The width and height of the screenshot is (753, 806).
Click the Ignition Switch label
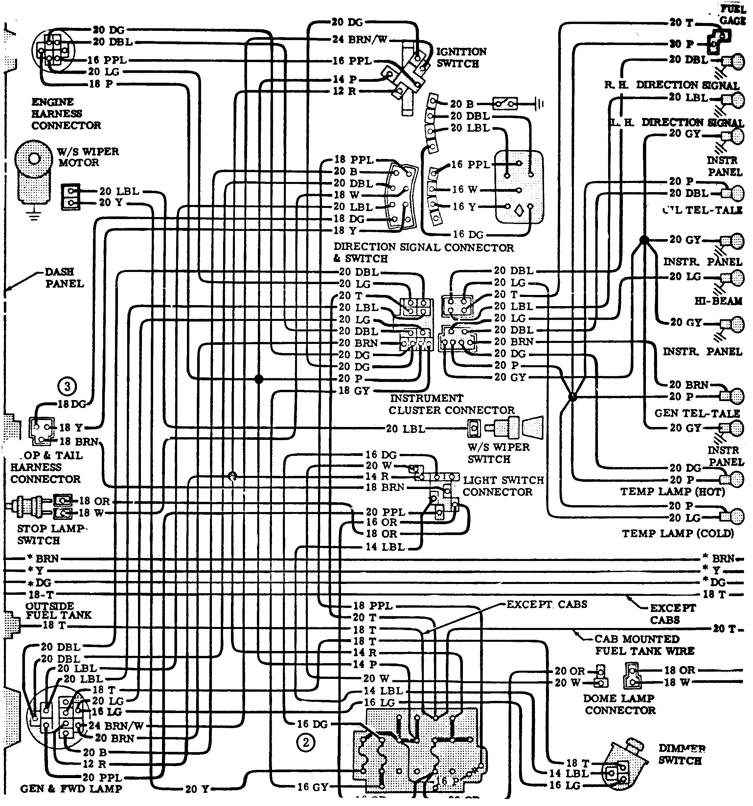pos(461,57)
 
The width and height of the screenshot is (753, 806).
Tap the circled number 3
pos(67,386)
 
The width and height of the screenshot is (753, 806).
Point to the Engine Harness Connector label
pos(66,114)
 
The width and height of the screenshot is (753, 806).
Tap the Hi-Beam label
pos(718,301)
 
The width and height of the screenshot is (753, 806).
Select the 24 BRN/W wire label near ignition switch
pos(360,39)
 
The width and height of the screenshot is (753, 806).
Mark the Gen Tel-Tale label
pos(696,413)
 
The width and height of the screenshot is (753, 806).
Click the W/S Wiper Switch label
pos(498,453)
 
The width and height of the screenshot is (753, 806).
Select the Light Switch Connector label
pos(503,486)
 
